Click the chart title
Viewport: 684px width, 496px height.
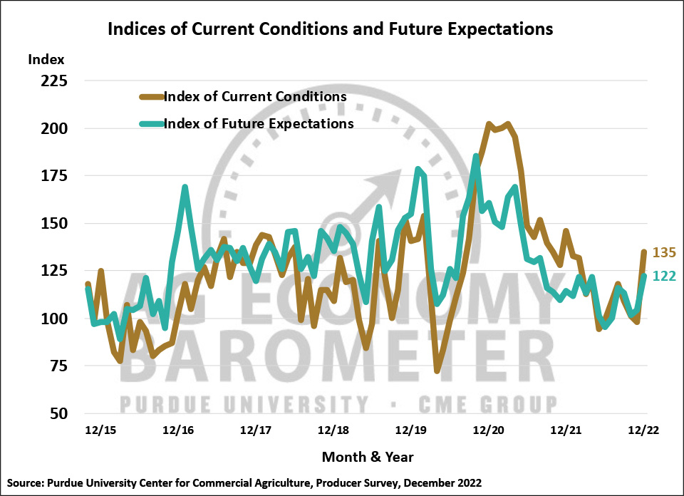coord(329,29)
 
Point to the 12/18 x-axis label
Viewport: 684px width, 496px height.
coord(332,430)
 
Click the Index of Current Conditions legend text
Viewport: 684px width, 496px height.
coord(255,96)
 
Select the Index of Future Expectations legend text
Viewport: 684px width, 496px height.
coord(259,123)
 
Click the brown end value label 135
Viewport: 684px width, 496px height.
coord(664,253)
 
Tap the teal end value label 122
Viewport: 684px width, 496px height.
coord(664,277)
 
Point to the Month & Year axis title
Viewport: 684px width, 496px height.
coord(368,456)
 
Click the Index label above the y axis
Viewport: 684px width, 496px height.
coord(46,59)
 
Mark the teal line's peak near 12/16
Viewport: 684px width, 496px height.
coord(185,187)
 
